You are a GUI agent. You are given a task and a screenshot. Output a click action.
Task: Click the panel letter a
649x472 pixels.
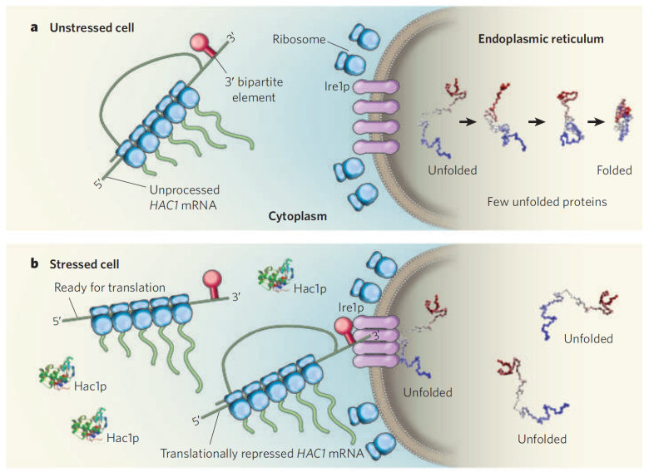(x=34, y=27)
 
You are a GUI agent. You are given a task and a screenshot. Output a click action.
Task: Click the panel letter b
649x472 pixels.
(x=34, y=263)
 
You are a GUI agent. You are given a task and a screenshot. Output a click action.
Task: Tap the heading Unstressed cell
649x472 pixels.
(x=92, y=27)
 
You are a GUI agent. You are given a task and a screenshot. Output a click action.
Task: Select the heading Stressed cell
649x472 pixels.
(x=84, y=264)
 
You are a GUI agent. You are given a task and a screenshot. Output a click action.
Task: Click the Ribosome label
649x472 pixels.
(x=299, y=39)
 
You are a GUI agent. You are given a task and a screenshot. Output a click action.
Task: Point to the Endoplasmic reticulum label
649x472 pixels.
(x=541, y=39)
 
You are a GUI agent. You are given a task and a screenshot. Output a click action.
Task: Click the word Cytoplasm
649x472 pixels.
(x=298, y=216)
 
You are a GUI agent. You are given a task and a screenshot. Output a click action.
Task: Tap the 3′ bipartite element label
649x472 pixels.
(x=254, y=90)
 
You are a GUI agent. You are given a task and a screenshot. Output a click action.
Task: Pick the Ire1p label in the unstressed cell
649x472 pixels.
(x=337, y=87)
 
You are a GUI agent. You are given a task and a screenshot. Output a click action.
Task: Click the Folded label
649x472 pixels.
(x=614, y=170)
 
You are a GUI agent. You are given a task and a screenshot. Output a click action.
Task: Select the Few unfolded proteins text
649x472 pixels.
(x=547, y=202)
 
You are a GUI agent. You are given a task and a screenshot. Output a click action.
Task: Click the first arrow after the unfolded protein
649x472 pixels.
(x=468, y=121)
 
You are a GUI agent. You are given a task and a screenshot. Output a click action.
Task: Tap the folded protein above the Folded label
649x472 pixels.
(x=623, y=120)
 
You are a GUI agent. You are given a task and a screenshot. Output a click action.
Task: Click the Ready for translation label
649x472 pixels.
(x=110, y=288)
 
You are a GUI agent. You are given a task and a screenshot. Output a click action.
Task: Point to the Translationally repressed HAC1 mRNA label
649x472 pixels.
(x=262, y=454)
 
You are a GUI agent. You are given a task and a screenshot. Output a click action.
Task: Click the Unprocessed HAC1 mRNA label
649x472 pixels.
(x=184, y=198)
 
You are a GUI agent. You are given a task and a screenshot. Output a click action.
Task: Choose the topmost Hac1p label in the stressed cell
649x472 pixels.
(x=310, y=288)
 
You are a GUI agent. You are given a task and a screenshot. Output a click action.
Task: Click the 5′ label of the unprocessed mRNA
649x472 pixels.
(x=98, y=184)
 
